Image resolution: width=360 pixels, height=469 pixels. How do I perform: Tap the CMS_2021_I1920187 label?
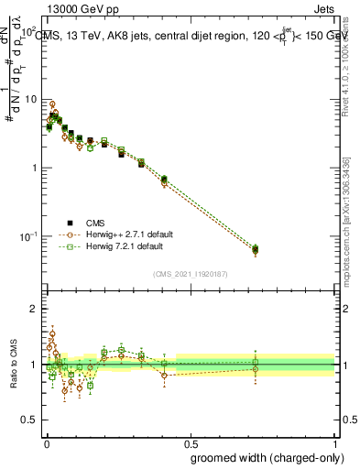(x=191, y=274)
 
